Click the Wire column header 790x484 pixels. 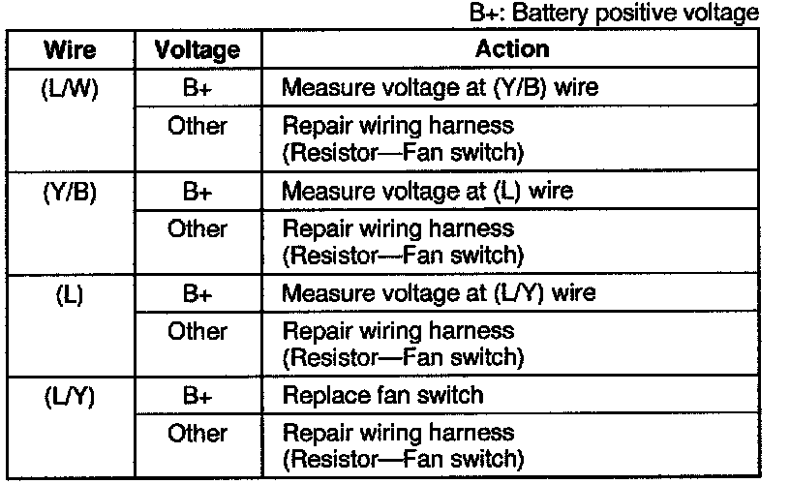click(x=68, y=50)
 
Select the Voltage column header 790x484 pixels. click(x=198, y=50)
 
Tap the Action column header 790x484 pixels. click(x=512, y=49)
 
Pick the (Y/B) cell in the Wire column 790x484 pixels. click(x=68, y=191)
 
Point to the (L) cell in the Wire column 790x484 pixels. click(x=68, y=293)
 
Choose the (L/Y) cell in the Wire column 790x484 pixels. click(x=68, y=396)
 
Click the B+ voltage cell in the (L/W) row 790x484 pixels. click(x=198, y=87)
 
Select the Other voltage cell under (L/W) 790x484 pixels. click(x=198, y=126)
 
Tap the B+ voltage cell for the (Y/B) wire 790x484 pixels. click(x=198, y=191)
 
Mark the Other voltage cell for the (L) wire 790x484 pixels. click(x=198, y=331)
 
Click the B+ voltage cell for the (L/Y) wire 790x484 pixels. click(x=198, y=396)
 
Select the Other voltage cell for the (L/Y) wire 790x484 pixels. click(x=198, y=434)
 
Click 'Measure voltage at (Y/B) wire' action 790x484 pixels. click(x=440, y=87)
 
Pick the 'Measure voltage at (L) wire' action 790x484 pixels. click(x=427, y=191)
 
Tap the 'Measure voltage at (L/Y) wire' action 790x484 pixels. click(x=439, y=293)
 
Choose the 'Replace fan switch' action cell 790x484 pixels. click(x=381, y=396)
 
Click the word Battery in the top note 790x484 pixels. click(x=549, y=14)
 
